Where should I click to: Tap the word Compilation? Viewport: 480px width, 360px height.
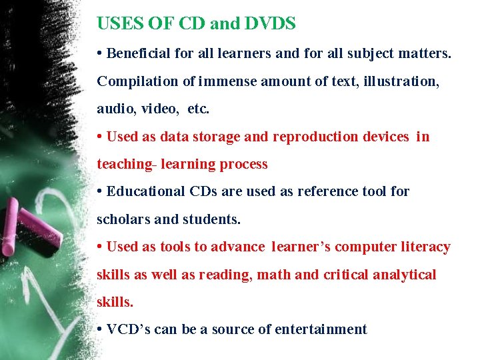coord(137,81)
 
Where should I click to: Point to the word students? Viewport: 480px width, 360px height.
coord(213,219)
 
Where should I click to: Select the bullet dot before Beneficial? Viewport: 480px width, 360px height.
coord(99,53)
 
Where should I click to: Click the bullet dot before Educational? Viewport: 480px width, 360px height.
coord(99,191)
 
